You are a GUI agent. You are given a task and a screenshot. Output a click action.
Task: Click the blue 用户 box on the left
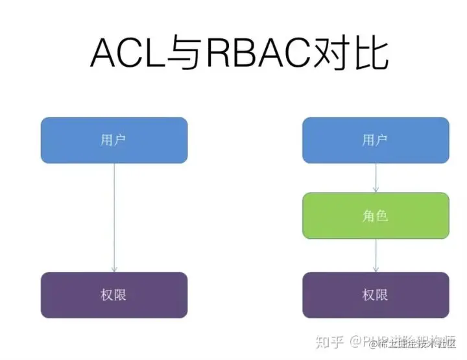[114, 140]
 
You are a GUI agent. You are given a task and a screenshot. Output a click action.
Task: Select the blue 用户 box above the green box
[376, 140]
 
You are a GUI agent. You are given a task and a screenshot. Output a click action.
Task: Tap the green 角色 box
[376, 215]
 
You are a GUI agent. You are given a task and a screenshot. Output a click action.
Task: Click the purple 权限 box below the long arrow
[114, 295]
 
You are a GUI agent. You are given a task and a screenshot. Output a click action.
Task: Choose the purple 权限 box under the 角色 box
[376, 295]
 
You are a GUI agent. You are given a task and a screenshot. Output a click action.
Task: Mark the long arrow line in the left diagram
[114, 214]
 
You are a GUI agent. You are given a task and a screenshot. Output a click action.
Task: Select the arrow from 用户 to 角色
[376, 177]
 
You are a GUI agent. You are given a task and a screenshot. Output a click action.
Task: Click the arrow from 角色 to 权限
[376, 255]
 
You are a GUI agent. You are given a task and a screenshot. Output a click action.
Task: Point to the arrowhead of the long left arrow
[114, 269]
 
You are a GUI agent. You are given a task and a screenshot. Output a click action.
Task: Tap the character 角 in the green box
[368, 215]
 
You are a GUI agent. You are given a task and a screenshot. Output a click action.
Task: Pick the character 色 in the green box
[383, 215]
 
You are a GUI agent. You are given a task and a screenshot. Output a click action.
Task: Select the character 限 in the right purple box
[383, 295]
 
